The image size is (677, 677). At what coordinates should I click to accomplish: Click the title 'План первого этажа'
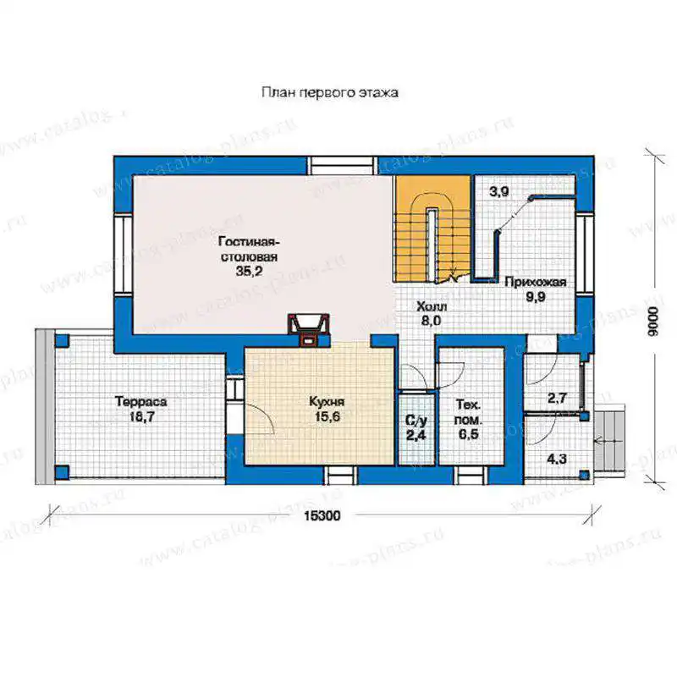pos(330,92)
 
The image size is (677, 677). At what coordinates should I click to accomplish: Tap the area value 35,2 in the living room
pos(249,271)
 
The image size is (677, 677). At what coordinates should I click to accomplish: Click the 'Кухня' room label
pos(327,401)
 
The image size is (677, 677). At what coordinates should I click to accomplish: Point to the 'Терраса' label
pos(140,401)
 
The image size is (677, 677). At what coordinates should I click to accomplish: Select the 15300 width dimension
pos(322,515)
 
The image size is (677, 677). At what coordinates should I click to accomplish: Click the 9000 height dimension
pos(654,322)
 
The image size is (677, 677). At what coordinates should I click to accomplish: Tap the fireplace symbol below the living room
pos(309,330)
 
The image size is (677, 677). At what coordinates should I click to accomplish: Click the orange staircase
pos(432,228)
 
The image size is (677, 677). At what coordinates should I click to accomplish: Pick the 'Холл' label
pos(432,306)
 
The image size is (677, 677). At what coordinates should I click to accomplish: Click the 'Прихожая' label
pos(536,283)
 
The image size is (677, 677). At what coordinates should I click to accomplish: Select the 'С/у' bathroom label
pos(416,420)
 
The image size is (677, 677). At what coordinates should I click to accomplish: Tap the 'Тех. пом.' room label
pos(469,412)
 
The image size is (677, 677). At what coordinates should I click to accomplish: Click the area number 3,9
pos(498,191)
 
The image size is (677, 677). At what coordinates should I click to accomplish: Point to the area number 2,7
pos(557,398)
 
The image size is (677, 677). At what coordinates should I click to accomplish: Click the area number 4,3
pos(557,459)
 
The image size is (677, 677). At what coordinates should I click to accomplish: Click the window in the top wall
pos(342,166)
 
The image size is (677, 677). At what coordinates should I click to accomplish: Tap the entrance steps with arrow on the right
pos(608,440)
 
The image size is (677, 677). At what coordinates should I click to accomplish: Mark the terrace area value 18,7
pos(141,417)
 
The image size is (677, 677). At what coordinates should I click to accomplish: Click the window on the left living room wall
pos(123,254)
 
